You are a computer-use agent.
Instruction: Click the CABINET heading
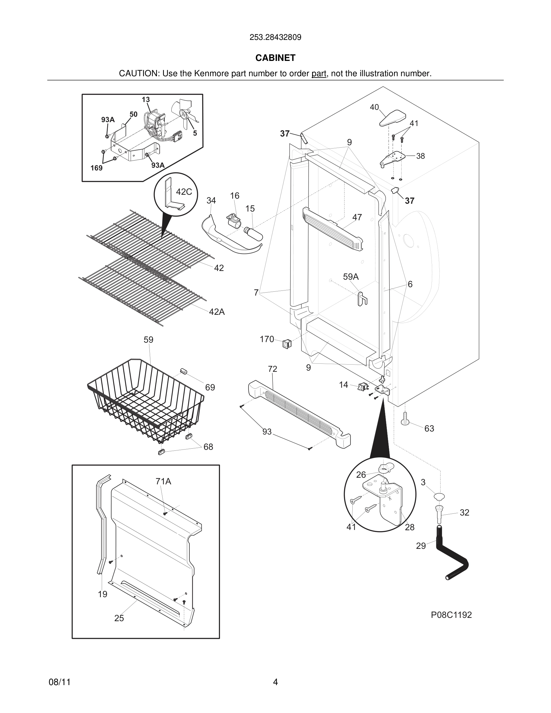[275, 58]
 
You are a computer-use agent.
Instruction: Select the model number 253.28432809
[275, 37]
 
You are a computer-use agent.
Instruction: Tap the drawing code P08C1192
[451, 615]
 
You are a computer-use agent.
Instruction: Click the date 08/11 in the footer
[59, 682]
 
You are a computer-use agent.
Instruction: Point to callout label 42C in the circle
[184, 192]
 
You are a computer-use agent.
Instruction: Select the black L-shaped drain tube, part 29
[454, 555]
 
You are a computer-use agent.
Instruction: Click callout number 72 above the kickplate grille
[272, 369]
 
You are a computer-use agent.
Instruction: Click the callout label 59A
[351, 277]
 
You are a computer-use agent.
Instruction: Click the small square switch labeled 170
[287, 343]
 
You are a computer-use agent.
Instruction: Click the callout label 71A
[163, 481]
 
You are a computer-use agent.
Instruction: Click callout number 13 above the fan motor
[146, 100]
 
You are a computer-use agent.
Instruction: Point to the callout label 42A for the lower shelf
[217, 312]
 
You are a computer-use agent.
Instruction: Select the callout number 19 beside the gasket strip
[103, 594]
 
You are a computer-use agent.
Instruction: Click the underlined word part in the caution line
[319, 74]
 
